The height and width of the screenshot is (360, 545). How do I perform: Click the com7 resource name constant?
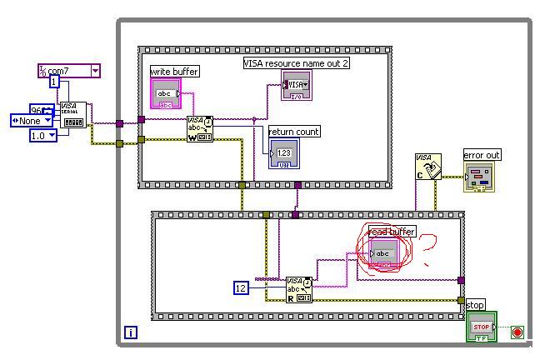(68, 72)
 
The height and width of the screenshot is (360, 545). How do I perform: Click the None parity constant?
(32, 121)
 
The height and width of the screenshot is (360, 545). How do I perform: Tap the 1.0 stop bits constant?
(42, 135)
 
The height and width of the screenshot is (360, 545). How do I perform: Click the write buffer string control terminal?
(165, 94)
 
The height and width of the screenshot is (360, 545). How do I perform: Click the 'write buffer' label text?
(174, 72)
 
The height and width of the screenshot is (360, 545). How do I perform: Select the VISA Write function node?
(200, 129)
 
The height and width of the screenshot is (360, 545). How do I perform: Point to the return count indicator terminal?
(283, 153)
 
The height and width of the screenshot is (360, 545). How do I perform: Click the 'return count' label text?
(294, 132)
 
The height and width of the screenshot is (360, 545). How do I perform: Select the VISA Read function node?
(299, 289)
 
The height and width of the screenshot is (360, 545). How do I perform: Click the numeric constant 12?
(241, 288)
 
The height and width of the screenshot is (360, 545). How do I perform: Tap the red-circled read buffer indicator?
(383, 252)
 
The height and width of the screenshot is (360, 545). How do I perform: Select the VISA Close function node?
(427, 167)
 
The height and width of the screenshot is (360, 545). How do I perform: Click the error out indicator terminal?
(478, 176)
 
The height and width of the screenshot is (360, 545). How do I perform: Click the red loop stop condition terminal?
(517, 332)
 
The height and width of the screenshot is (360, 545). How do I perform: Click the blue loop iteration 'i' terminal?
(130, 333)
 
